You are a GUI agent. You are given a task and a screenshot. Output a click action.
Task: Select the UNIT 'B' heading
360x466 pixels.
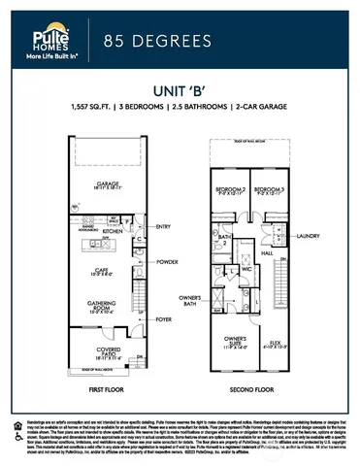(x=180, y=88)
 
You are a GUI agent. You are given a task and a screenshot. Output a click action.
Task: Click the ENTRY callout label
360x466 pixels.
(x=162, y=226)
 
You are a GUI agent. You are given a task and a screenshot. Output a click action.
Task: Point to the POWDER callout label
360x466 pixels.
(x=166, y=262)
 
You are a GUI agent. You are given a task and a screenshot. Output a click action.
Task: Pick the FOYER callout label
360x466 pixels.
(x=162, y=318)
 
